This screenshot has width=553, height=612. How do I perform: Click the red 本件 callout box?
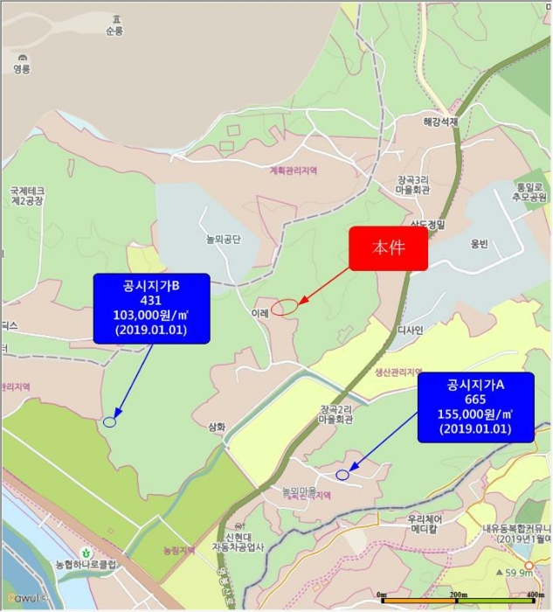pyautogui.click(x=389, y=247)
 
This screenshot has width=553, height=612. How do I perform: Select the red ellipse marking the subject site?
pyautogui.click(x=284, y=307)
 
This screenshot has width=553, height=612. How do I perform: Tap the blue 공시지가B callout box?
pyautogui.click(x=152, y=308)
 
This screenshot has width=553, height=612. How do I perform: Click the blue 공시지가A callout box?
pyautogui.click(x=475, y=407)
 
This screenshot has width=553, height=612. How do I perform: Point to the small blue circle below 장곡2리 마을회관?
pyautogui.click(x=342, y=475)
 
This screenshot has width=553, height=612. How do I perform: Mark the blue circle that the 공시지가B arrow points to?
pyautogui.click(x=109, y=422)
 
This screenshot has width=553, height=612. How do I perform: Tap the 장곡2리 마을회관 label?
pyautogui.click(x=335, y=414)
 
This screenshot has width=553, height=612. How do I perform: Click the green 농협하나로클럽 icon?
pyautogui.click(x=86, y=552)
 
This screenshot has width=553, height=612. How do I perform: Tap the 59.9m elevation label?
pyautogui.click(x=519, y=573)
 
